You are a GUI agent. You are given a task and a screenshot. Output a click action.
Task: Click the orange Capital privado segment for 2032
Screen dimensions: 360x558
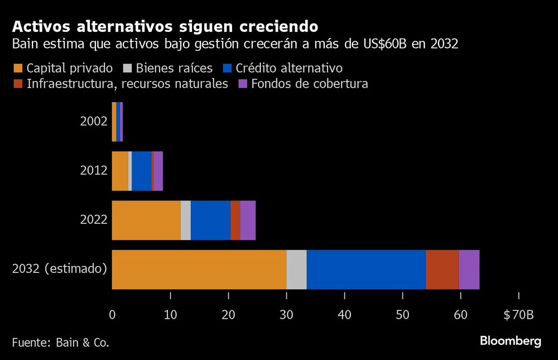pos(199,270)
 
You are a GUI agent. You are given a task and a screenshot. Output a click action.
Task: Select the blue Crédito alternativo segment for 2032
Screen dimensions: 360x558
pos(366,270)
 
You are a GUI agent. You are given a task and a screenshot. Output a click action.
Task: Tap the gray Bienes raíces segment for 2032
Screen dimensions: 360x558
pos(296,270)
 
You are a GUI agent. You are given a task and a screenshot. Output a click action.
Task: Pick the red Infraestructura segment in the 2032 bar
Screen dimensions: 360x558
pos(442,270)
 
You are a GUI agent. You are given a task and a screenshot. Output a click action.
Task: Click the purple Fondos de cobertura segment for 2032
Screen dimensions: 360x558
pos(469,270)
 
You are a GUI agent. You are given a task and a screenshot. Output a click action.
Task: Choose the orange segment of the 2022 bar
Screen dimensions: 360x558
pos(146,220)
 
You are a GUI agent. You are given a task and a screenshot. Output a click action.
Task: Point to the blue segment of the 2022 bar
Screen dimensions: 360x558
pos(210,220)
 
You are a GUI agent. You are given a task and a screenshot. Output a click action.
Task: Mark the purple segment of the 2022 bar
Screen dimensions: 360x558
pos(248,220)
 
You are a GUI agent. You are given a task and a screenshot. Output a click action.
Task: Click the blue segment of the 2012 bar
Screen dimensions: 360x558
pos(141,171)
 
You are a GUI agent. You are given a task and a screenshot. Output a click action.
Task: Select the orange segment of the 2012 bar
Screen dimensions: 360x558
pos(120,171)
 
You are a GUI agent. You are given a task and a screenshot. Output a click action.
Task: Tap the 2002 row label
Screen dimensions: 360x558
pos(93,121)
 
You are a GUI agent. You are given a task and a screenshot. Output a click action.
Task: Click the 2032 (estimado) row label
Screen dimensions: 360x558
pos(59,270)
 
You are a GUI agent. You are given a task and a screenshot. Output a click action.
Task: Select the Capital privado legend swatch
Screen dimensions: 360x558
pos(18,69)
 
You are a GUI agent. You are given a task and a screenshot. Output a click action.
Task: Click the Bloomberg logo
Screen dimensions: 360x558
pos(511,341)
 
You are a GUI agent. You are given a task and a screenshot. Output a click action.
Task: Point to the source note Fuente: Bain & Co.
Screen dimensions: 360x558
pos(60,342)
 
